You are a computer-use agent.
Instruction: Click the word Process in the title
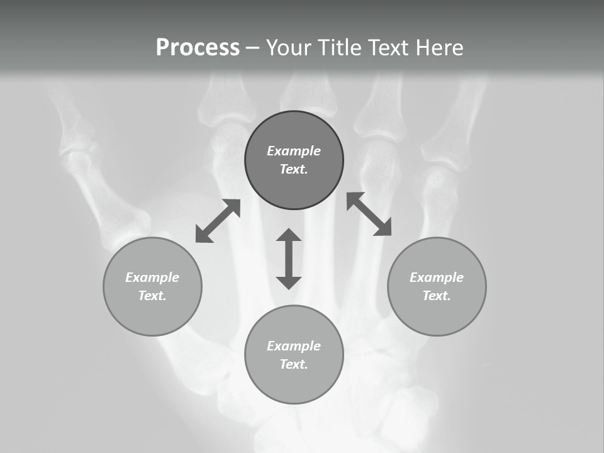198,48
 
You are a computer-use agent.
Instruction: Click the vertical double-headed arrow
289,259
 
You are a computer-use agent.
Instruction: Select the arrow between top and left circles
218,221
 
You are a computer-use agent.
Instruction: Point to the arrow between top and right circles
369,214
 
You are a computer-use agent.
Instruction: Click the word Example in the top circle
294,151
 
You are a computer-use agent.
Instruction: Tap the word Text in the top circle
293,169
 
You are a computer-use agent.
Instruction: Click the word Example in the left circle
152,277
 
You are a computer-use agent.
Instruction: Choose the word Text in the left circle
152,296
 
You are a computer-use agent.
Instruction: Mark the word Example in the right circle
437,277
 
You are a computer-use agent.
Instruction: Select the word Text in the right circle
436,296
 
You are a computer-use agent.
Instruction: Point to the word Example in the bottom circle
294,346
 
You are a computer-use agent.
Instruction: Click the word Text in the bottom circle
293,364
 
